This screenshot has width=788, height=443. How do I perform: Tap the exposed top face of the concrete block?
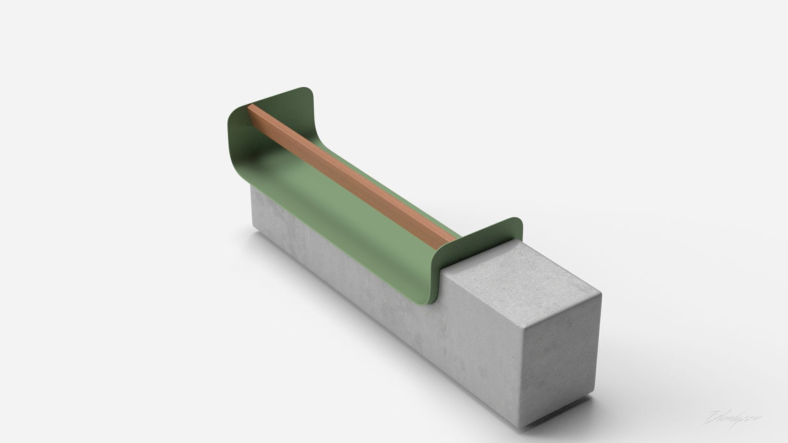521,271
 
